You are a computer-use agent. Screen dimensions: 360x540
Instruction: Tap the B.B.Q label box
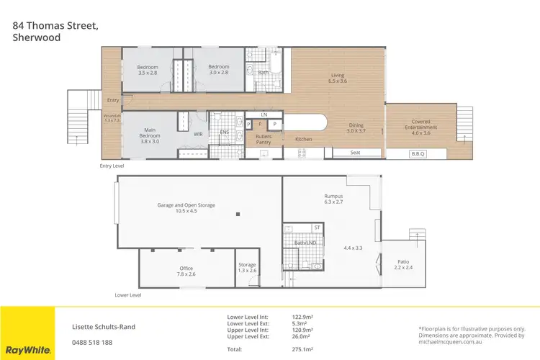[x=419, y=153]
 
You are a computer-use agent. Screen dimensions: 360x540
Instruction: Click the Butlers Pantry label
[x=264, y=139]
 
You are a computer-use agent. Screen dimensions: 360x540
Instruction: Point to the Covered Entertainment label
[x=421, y=125]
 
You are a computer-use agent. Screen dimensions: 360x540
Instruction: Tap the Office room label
[x=186, y=271]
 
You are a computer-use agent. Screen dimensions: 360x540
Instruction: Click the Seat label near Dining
[x=355, y=153]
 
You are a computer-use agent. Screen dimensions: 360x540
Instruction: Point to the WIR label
[x=198, y=134]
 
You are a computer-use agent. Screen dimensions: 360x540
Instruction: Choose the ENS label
[x=224, y=132]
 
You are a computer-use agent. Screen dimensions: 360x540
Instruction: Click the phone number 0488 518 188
[x=93, y=342]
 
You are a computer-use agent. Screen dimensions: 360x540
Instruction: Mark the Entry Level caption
[x=112, y=166]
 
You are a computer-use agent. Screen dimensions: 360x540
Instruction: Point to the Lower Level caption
[x=128, y=295]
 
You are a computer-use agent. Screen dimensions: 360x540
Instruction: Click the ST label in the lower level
[x=316, y=228]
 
